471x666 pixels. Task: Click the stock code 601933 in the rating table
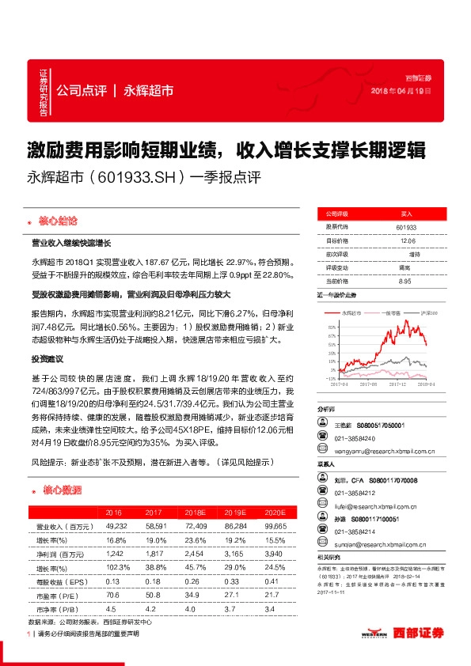(406, 227)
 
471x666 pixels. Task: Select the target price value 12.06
(406, 240)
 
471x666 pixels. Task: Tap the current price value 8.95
(406, 281)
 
